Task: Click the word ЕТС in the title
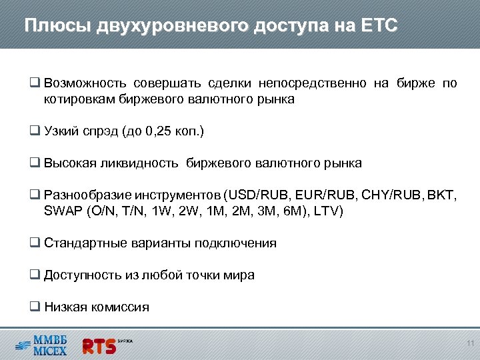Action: pyautogui.click(x=379, y=26)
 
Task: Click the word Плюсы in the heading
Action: pyautogui.click(x=57, y=26)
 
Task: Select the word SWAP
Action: pyautogui.click(x=61, y=211)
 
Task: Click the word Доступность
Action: pyautogui.click(x=81, y=275)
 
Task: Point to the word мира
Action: pyautogui.click(x=239, y=275)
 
